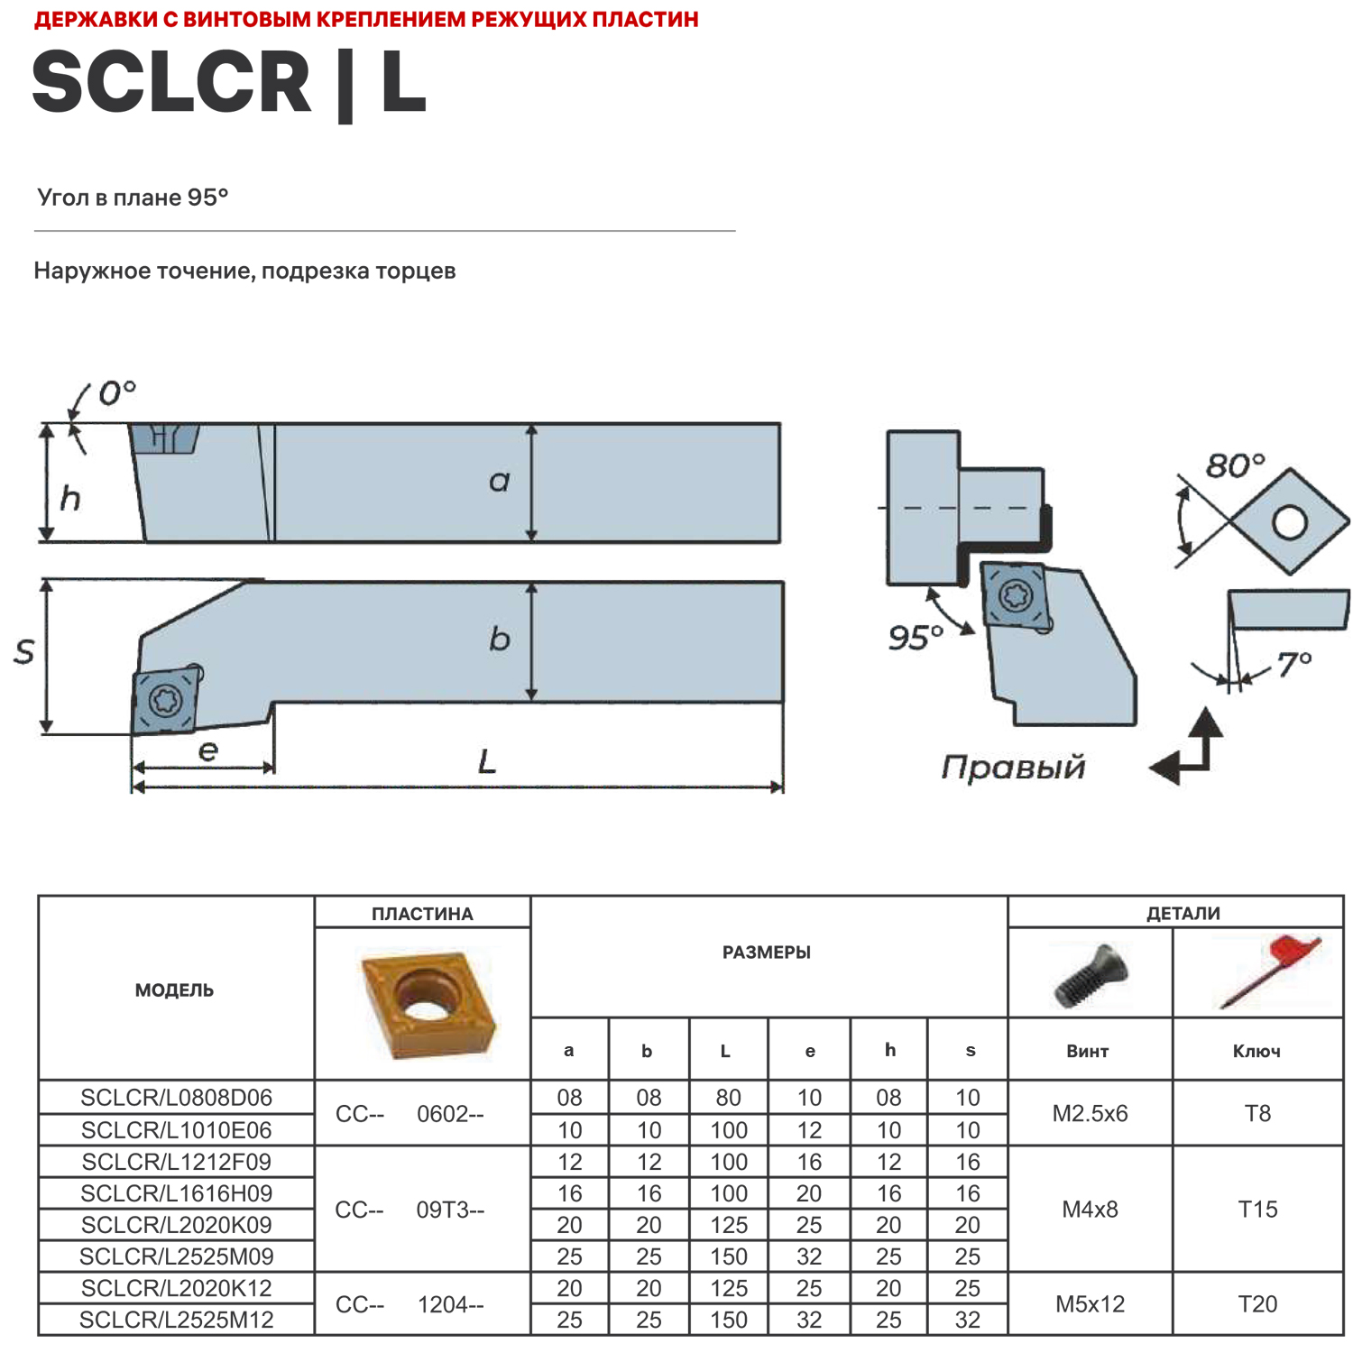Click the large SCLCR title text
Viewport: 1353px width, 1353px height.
171,83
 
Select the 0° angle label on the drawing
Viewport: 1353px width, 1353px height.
116,393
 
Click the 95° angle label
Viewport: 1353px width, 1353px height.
915,638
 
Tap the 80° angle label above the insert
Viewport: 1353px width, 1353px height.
1235,465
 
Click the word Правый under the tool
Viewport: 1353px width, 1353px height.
1013,767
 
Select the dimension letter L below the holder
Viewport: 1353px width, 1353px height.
487,762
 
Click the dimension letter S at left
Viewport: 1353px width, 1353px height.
24,651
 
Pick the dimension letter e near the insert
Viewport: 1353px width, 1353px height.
208,750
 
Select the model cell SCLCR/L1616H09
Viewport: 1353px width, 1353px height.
177,1193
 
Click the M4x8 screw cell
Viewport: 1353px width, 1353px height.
1090,1209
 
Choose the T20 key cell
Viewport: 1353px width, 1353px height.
1257,1303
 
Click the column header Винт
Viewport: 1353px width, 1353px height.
1087,1051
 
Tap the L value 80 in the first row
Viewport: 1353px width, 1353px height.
728,1098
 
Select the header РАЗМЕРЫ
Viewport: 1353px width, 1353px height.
767,953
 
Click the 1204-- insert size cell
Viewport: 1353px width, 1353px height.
450,1304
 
